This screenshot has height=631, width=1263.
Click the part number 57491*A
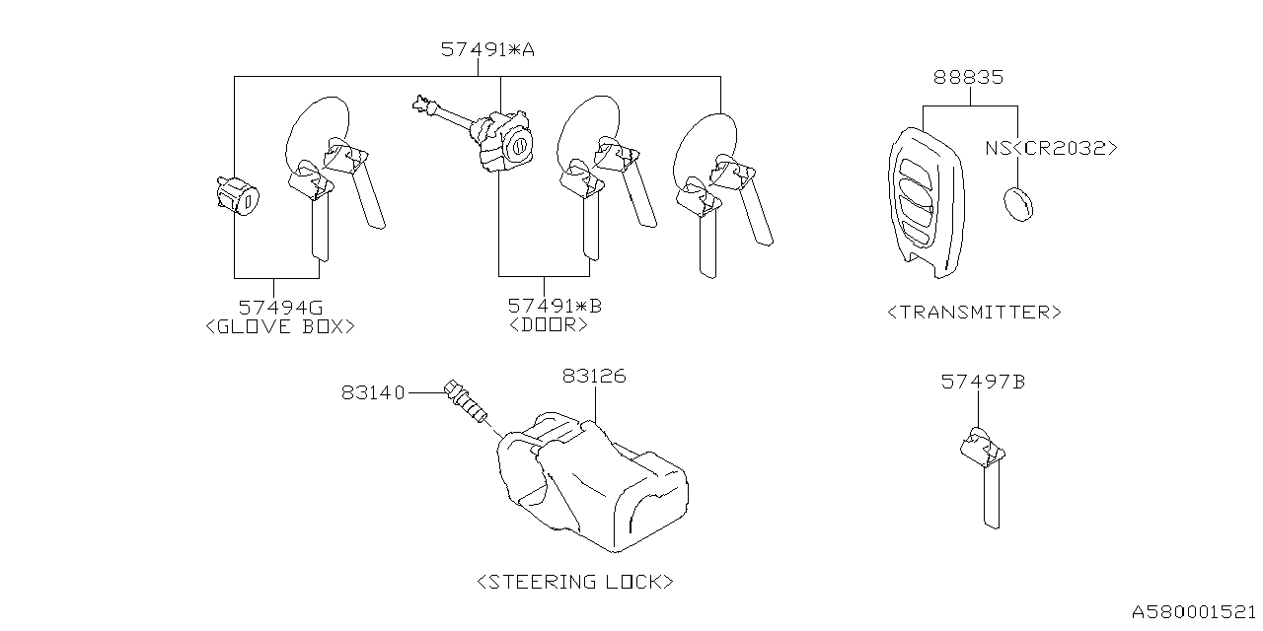point(487,49)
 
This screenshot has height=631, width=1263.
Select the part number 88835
point(970,77)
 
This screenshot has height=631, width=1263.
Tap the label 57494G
point(280,307)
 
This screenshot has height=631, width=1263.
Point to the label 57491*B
point(555,307)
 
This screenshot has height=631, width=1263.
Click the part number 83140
point(373,392)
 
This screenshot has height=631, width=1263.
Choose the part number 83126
point(594,376)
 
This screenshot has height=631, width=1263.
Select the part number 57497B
point(982,381)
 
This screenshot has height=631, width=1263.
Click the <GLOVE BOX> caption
point(279,325)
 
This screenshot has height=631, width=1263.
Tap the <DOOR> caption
point(549,324)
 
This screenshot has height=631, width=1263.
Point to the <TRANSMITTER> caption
point(974,312)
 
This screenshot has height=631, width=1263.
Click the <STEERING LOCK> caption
point(575,581)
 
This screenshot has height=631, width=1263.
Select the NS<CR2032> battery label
point(1051,148)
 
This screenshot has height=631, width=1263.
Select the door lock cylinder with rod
point(493,138)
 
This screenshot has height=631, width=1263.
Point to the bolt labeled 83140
point(466,402)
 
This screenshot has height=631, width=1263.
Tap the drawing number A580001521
point(1193,612)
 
